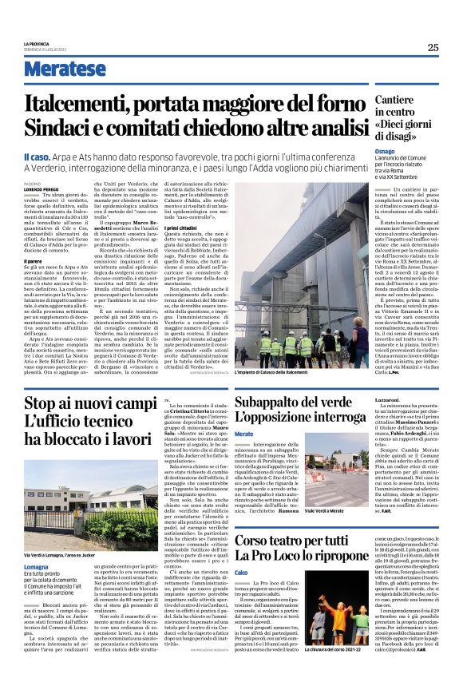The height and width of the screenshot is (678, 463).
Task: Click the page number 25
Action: tap(433, 47)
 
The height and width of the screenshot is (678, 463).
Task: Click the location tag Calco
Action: tap(242, 573)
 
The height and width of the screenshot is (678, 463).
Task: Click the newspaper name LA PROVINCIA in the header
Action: tap(37, 43)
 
